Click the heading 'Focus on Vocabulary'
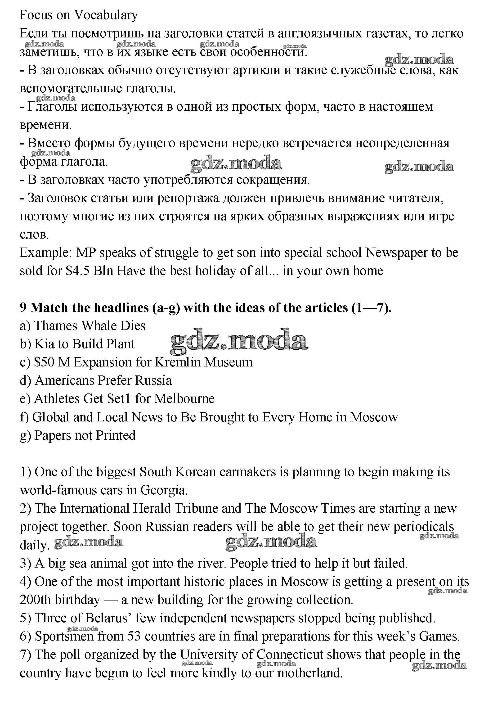[x=78, y=15]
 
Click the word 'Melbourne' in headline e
[x=184, y=399]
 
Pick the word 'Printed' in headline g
[x=116, y=435]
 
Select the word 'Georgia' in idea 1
[x=164, y=490]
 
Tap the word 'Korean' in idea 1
[x=195, y=472]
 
